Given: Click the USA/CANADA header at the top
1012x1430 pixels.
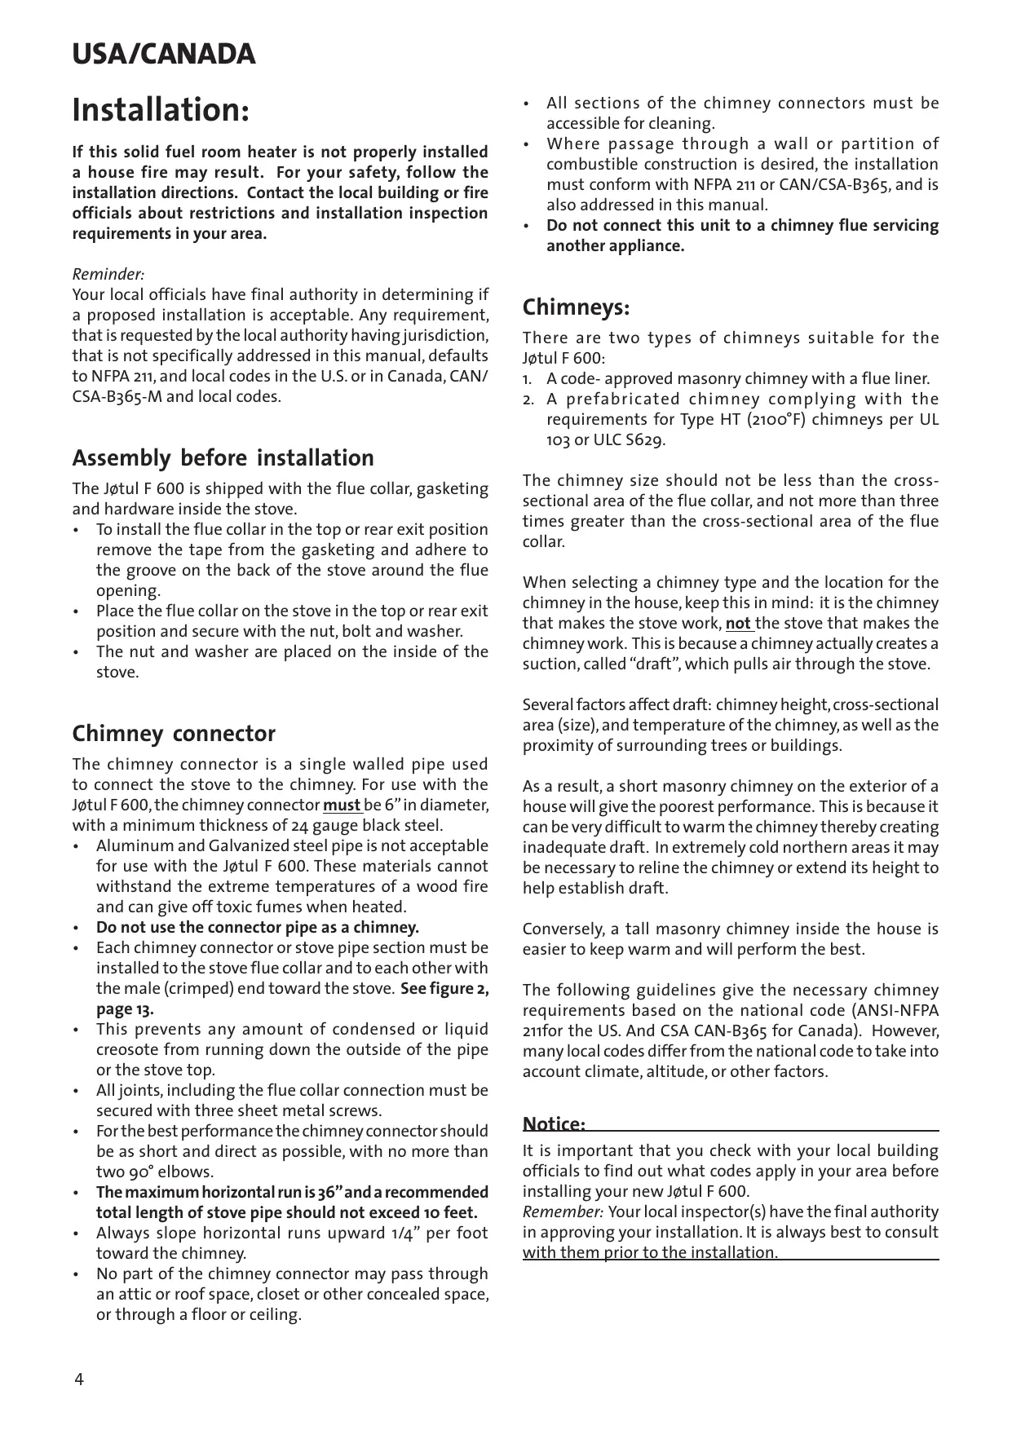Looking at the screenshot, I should click(164, 55).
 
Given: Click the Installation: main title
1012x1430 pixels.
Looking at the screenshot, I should click(161, 110).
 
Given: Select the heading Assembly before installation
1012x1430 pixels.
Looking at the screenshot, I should click(223, 458).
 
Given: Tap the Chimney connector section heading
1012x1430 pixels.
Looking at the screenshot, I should click(174, 734).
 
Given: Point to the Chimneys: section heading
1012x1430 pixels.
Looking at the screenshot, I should click(576, 308).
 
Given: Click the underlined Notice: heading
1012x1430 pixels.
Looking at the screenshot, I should click(554, 1125).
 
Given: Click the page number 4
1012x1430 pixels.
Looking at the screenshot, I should click(78, 1379).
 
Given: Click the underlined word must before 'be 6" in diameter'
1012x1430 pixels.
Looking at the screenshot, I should click(342, 805).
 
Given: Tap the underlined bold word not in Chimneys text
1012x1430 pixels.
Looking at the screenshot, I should click(738, 624).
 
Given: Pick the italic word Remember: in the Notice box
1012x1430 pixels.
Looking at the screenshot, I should click(563, 1212).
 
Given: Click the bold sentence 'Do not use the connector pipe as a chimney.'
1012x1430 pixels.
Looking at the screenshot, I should click(258, 928).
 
